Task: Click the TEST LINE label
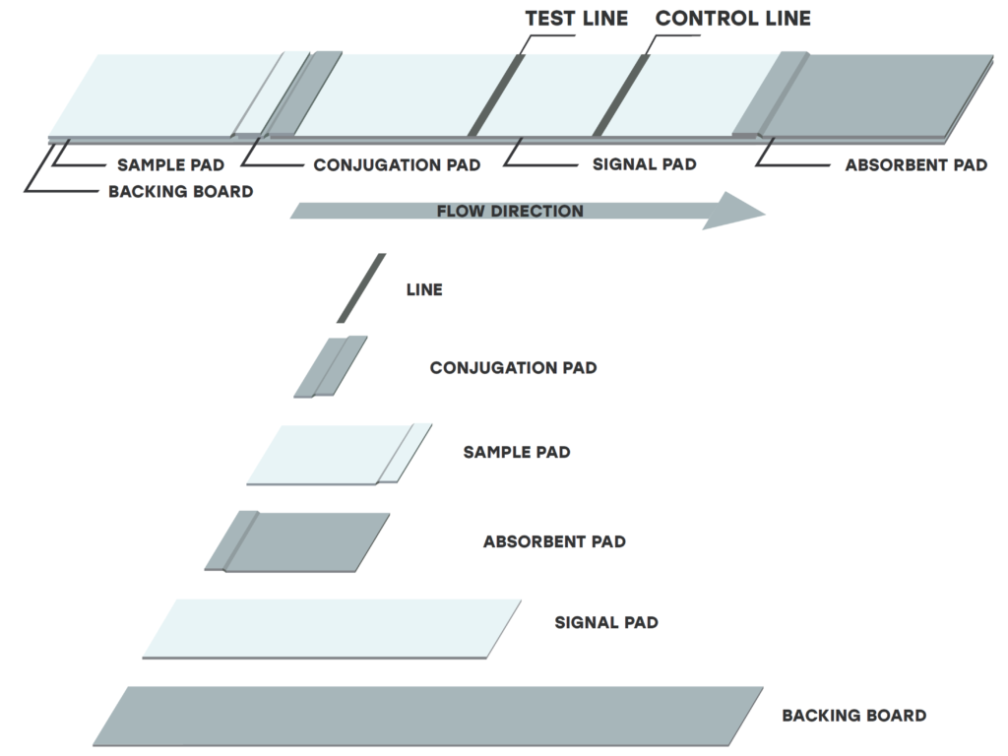(x=576, y=19)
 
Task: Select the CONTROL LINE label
(x=733, y=19)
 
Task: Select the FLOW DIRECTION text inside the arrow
(x=510, y=211)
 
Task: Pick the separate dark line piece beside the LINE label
(x=361, y=288)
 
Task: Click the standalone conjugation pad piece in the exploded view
(x=331, y=367)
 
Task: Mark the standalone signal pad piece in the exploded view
(x=332, y=628)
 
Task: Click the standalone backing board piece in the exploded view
(x=428, y=716)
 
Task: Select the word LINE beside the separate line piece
(x=424, y=289)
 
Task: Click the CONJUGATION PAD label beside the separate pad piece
(x=513, y=368)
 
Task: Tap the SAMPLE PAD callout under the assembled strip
(x=170, y=164)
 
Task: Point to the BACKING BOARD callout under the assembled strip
(x=180, y=191)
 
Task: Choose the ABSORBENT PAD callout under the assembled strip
(x=915, y=165)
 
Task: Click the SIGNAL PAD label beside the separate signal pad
(x=606, y=622)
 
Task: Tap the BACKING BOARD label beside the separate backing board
(x=853, y=716)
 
